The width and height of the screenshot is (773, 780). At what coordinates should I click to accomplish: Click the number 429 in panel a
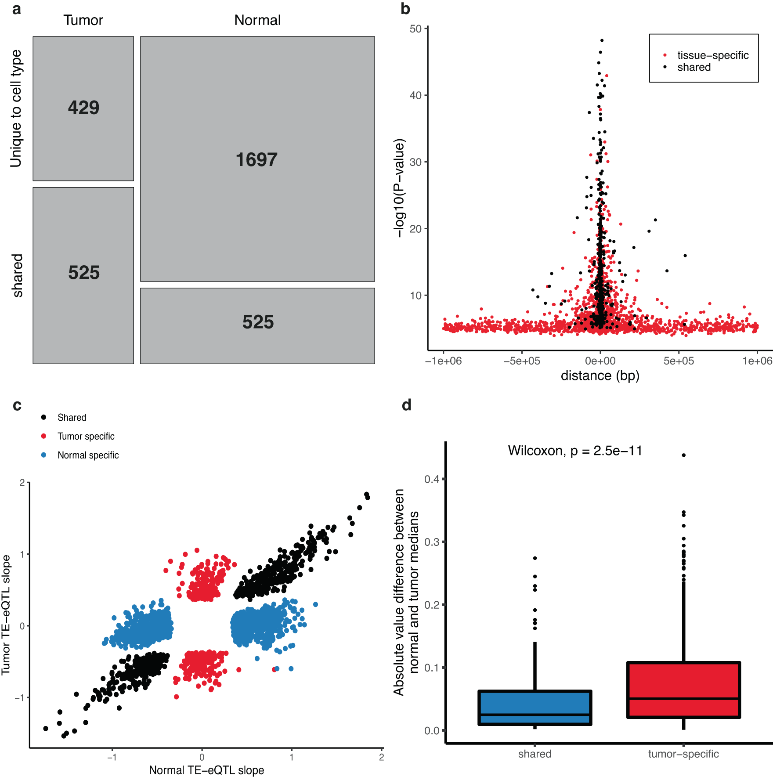point(83,108)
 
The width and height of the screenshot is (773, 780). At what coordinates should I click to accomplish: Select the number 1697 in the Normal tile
point(256,160)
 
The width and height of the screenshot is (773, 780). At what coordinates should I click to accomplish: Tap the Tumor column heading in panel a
point(83,20)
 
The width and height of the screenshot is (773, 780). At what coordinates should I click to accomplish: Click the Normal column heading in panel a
point(257,20)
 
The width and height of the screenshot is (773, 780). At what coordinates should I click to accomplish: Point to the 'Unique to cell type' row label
point(16,108)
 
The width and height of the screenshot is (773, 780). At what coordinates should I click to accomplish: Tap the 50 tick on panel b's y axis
point(415,29)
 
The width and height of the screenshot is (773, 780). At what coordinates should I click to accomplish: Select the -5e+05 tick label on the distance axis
point(522,361)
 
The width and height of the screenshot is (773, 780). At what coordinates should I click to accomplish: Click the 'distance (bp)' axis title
point(600,376)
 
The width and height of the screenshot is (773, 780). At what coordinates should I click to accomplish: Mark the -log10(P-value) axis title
point(399,188)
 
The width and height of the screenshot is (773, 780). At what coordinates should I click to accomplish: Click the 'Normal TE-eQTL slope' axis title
point(206,770)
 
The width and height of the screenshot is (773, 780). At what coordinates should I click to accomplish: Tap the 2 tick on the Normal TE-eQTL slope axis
point(381,757)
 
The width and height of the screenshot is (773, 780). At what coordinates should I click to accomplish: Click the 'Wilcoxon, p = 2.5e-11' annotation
point(575,451)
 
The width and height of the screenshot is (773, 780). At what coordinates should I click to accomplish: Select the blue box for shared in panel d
point(535,708)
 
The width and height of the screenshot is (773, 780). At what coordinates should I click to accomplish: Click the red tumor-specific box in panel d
point(683,690)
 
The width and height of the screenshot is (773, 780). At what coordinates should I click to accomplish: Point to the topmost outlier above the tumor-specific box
point(684,455)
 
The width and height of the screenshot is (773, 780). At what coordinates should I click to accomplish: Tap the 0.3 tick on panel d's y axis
point(432,542)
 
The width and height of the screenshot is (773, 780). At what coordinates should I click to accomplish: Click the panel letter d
point(407,405)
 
